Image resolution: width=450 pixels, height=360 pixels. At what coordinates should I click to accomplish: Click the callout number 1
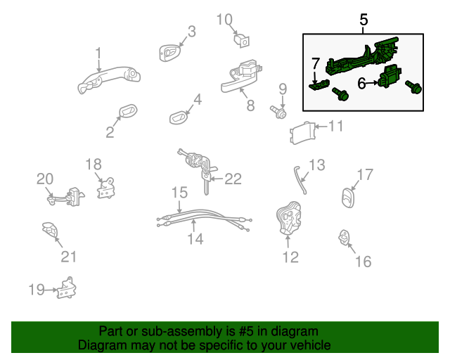tap(98, 53)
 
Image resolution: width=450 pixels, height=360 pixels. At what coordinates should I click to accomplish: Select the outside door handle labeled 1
tap(106, 78)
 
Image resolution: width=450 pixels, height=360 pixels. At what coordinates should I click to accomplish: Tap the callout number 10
tap(224, 19)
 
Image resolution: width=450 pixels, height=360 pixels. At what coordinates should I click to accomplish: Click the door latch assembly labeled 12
tap(288, 217)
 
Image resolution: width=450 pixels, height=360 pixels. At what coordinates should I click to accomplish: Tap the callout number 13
tap(317, 165)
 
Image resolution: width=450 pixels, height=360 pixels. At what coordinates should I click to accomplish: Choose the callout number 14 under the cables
tap(195, 240)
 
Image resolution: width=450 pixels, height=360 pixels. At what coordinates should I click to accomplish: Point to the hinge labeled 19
tap(68, 288)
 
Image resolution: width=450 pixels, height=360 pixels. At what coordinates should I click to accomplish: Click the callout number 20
tap(44, 179)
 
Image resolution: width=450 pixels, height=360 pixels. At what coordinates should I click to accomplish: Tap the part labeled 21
tap(51, 231)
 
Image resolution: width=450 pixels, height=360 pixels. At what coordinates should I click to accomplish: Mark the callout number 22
tap(232, 179)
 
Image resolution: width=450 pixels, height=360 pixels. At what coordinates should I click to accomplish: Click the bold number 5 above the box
tap(364, 20)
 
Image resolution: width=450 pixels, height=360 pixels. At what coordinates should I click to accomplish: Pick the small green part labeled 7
tap(319, 84)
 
